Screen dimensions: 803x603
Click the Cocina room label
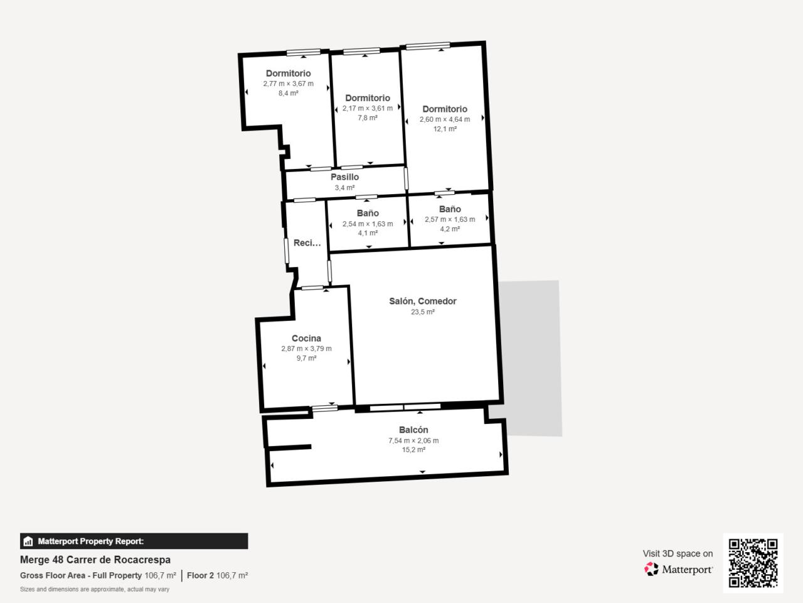[x=306, y=339]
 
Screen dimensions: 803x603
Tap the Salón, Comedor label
[x=423, y=301]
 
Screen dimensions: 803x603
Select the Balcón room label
[x=413, y=430]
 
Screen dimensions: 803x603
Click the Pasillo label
[x=344, y=177]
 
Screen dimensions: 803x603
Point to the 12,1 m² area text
[x=445, y=129]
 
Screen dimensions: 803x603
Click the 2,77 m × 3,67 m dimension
[x=289, y=84]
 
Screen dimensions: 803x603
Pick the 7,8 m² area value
[x=368, y=118]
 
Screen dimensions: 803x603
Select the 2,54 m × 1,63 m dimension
[x=368, y=224]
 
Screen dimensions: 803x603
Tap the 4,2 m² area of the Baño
[x=450, y=229]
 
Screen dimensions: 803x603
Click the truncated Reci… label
[x=307, y=242]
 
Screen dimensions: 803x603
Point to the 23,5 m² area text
[x=423, y=312]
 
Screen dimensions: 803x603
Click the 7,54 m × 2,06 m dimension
[x=413, y=441]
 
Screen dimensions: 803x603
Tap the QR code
[x=753, y=563]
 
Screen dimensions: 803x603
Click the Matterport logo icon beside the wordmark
[x=651, y=569]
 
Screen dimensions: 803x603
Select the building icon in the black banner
[x=28, y=541]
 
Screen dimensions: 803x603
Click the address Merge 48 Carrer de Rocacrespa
[x=95, y=560]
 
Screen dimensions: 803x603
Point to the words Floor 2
[x=200, y=575]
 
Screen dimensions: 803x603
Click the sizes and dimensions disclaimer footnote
[x=95, y=589]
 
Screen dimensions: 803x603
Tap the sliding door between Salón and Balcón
[x=405, y=407]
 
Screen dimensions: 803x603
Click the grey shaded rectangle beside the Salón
[x=531, y=359]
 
